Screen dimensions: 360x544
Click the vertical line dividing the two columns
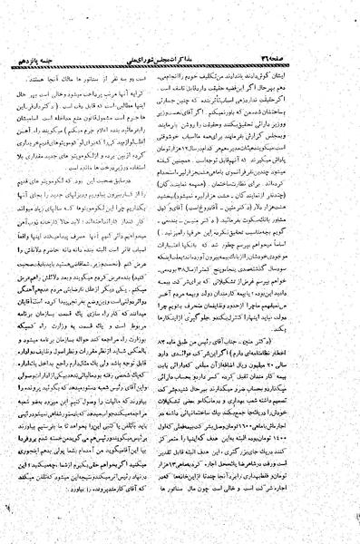[x=180, y=272]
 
